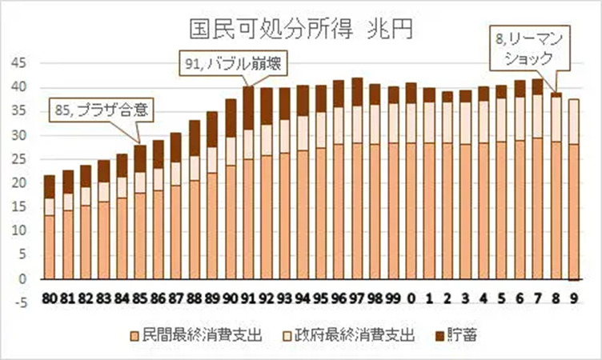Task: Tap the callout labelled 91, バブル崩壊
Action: [231, 61]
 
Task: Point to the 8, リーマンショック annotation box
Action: [528, 46]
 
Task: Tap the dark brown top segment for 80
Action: [49, 186]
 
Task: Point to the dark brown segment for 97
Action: [356, 91]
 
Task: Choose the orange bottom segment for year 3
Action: [464, 212]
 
